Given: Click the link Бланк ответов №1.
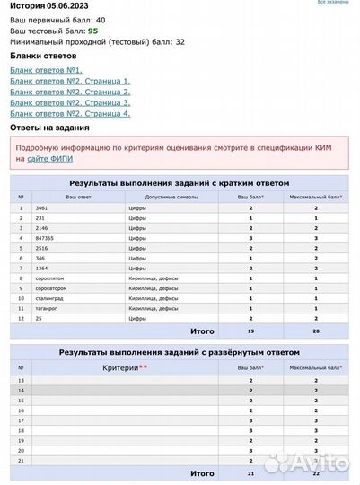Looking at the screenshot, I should coord(46,70).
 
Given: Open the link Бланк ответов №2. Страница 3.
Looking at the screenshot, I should coord(70,102).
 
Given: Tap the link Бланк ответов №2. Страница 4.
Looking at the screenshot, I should coord(70,114).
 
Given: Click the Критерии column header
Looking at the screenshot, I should coord(127,367).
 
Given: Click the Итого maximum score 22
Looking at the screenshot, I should coord(315,472).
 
